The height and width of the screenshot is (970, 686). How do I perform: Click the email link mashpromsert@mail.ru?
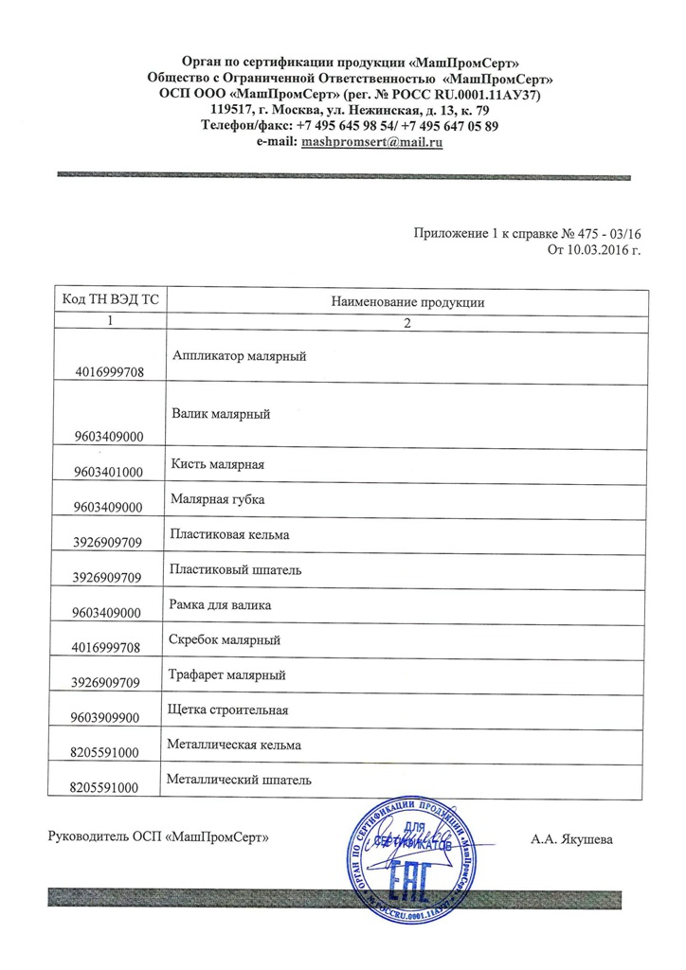pos(372,142)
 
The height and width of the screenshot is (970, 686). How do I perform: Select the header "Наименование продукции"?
pos(407,302)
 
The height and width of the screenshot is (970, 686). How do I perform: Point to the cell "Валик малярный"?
pos(222,414)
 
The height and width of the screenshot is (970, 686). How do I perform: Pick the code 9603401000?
pos(108,472)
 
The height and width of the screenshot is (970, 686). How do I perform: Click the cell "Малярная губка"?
pos(217,498)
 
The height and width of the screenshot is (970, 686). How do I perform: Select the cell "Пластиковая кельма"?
pos(228,535)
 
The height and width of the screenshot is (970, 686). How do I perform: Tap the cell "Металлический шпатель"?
pos(238,781)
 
